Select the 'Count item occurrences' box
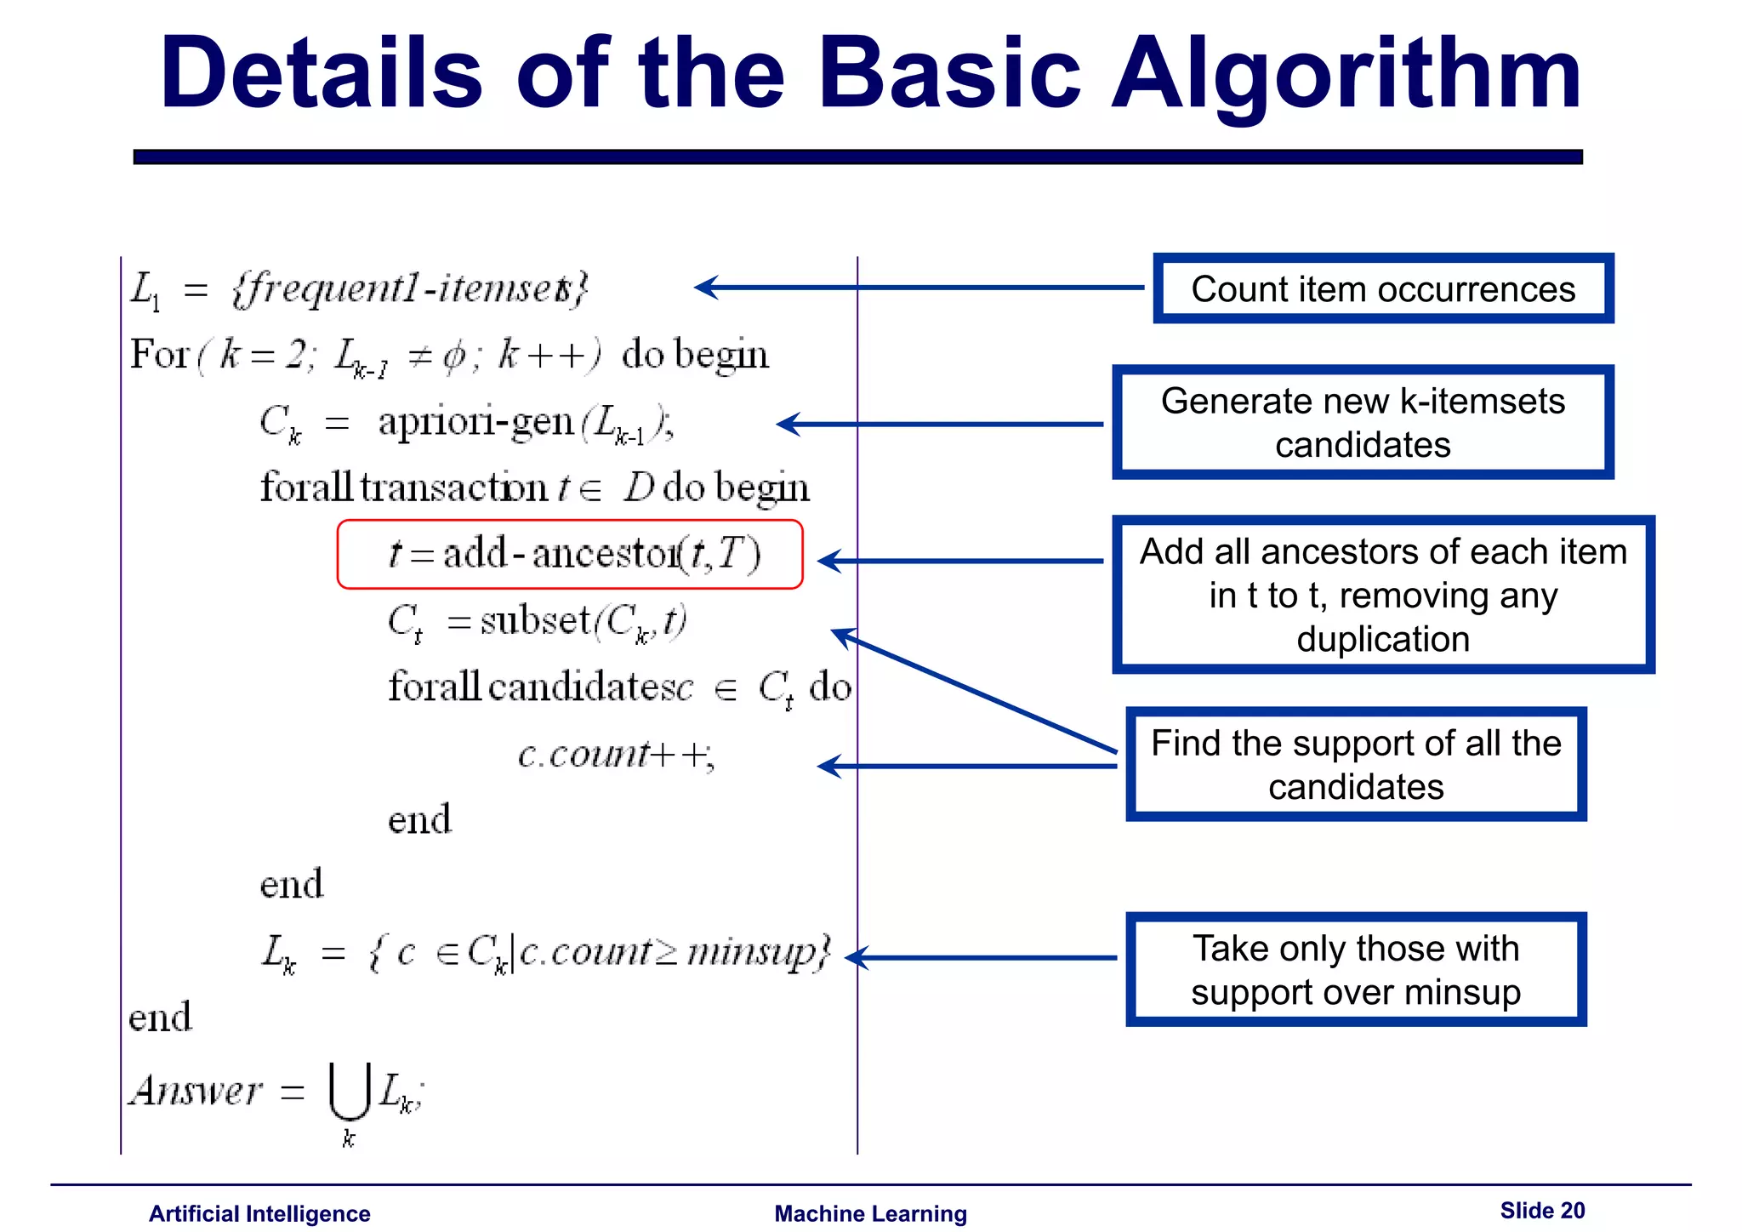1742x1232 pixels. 1383,289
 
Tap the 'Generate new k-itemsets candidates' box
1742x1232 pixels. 1363,423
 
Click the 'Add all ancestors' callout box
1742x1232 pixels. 1383,595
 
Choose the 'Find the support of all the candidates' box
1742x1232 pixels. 1356,764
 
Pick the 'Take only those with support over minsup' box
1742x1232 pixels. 1356,970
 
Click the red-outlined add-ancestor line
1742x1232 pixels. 570,555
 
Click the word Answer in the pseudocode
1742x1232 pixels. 196,1091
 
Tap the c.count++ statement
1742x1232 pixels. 616,755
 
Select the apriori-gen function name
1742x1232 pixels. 475,422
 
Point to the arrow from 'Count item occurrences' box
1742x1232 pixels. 919,288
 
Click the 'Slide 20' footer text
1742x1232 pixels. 1542,1211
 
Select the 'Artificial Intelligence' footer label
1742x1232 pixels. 259,1213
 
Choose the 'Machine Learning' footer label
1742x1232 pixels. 870,1213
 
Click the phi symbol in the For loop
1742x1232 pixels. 453,356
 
